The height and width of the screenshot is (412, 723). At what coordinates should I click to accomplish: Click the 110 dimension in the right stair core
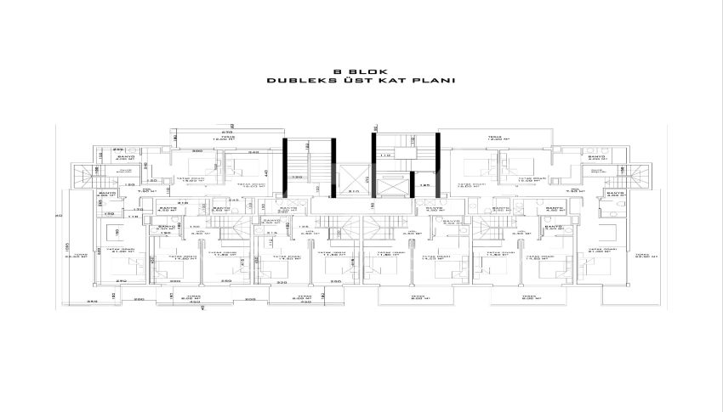385,155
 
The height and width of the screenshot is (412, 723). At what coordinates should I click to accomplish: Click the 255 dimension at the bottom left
90,300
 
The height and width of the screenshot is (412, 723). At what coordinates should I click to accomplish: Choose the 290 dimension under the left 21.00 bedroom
122,280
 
